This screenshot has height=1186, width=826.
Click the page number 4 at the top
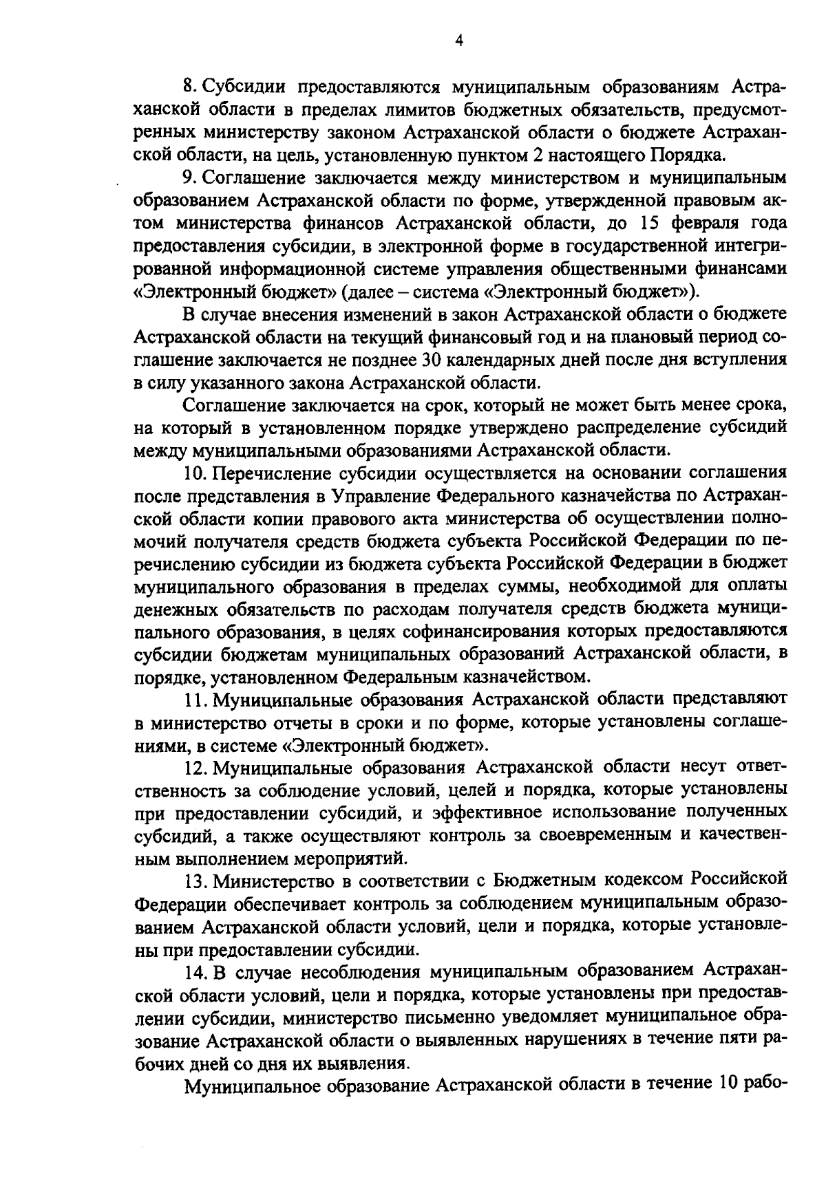tap(459, 41)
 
